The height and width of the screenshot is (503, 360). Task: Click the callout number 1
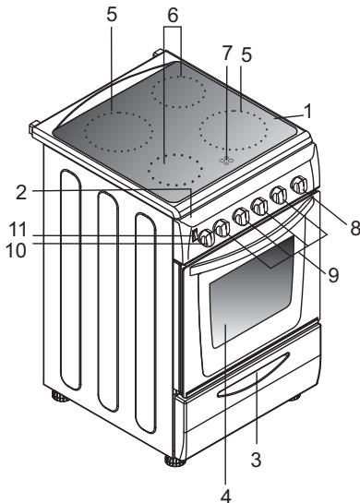pyautogui.click(x=308, y=112)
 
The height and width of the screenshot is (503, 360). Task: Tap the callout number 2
pyautogui.click(x=21, y=193)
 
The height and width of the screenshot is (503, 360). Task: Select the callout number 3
pyautogui.click(x=256, y=460)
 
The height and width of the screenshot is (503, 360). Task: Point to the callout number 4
pyautogui.click(x=226, y=496)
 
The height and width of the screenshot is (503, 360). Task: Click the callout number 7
pyautogui.click(x=227, y=54)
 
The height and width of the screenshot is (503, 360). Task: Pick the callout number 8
pyautogui.click(x=354, y=228)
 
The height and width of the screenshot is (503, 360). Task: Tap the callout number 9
pyautogui.click(x=333, y=275)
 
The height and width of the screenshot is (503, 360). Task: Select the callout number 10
pyautogui.click(x=16, y=250)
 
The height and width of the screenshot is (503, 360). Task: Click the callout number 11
pyautogui.click(x=17, y=230)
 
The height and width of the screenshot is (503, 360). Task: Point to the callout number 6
pyautogui.click(x=173, y=16)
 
